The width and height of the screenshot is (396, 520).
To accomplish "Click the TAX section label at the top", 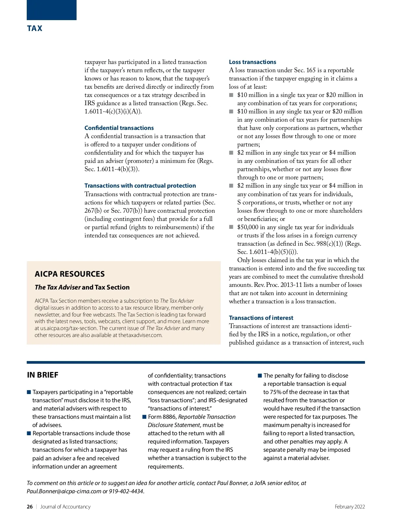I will [x=35, y=28].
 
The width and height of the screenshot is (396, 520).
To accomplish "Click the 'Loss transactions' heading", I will [x=252, y=62].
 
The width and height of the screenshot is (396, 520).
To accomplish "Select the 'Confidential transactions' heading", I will [x=119, y=128].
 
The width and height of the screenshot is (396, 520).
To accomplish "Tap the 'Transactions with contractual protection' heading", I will [x=140, y=186].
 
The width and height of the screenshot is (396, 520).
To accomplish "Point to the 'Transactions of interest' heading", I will [x=261, y=318].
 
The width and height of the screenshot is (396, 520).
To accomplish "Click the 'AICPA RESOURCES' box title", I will [x=70, y=274].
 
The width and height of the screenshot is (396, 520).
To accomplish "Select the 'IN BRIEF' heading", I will [x=43, y=375].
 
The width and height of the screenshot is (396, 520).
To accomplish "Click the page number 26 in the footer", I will [x=30, y=507].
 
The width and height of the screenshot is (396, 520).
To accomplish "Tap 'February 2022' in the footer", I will [x=349, y=507].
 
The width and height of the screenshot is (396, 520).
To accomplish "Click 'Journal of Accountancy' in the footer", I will [x=65, y=507].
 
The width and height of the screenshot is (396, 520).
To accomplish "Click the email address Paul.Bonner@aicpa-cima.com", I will [x=64, y=491].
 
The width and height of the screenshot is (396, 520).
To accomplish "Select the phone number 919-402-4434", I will [x=126, y=491].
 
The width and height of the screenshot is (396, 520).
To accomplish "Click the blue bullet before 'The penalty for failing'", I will [x=260, y=376].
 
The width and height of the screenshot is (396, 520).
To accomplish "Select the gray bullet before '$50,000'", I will [x=231, y=227].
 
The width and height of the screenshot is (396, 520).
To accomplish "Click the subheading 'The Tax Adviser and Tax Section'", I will [x=82, y=287].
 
